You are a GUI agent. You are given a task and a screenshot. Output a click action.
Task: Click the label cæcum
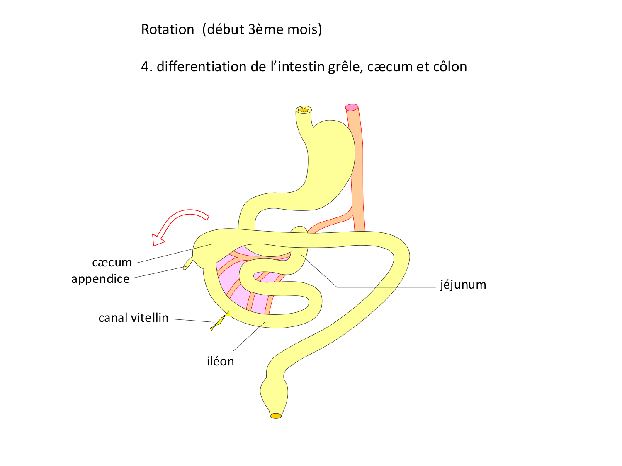point(112,262)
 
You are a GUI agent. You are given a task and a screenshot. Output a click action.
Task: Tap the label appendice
point(100,279)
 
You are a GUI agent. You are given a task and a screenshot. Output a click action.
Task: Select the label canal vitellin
point(133,318)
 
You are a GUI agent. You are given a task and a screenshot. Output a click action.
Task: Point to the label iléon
point(220,361)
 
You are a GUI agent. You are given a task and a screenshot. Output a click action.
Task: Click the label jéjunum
point(463,285)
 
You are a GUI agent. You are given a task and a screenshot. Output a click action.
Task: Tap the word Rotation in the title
point(168,29)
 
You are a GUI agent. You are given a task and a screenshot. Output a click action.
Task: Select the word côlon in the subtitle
point(449,67)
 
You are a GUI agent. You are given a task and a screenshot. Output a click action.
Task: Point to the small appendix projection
point(189,263)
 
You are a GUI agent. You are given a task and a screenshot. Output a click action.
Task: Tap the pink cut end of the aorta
point(352,107)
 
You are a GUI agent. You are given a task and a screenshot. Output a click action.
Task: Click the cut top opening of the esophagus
point(304,110)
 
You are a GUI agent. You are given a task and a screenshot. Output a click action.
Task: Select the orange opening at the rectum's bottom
point(276,416)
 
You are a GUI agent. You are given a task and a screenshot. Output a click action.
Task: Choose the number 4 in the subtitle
point(145,67)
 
